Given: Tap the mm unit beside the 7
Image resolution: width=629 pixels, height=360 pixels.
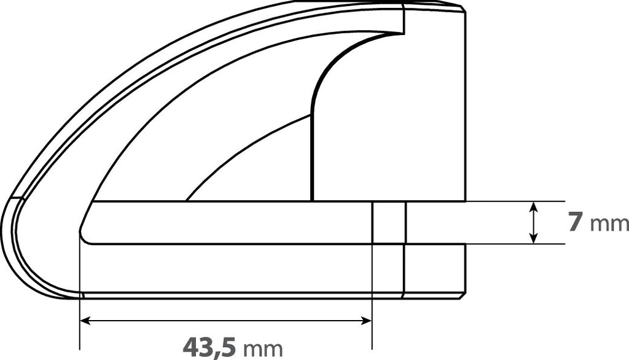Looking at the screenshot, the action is (x=609, y=224).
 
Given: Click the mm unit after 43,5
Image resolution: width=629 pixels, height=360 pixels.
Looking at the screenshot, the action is (x=263, y=349).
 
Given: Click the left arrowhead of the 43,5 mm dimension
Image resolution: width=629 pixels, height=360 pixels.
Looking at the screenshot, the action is (x=85, y=320).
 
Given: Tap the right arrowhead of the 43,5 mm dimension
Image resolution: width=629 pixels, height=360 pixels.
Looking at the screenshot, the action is (x=367, y=320).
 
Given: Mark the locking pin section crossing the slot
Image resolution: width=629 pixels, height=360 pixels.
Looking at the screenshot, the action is (x=389, y=222).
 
